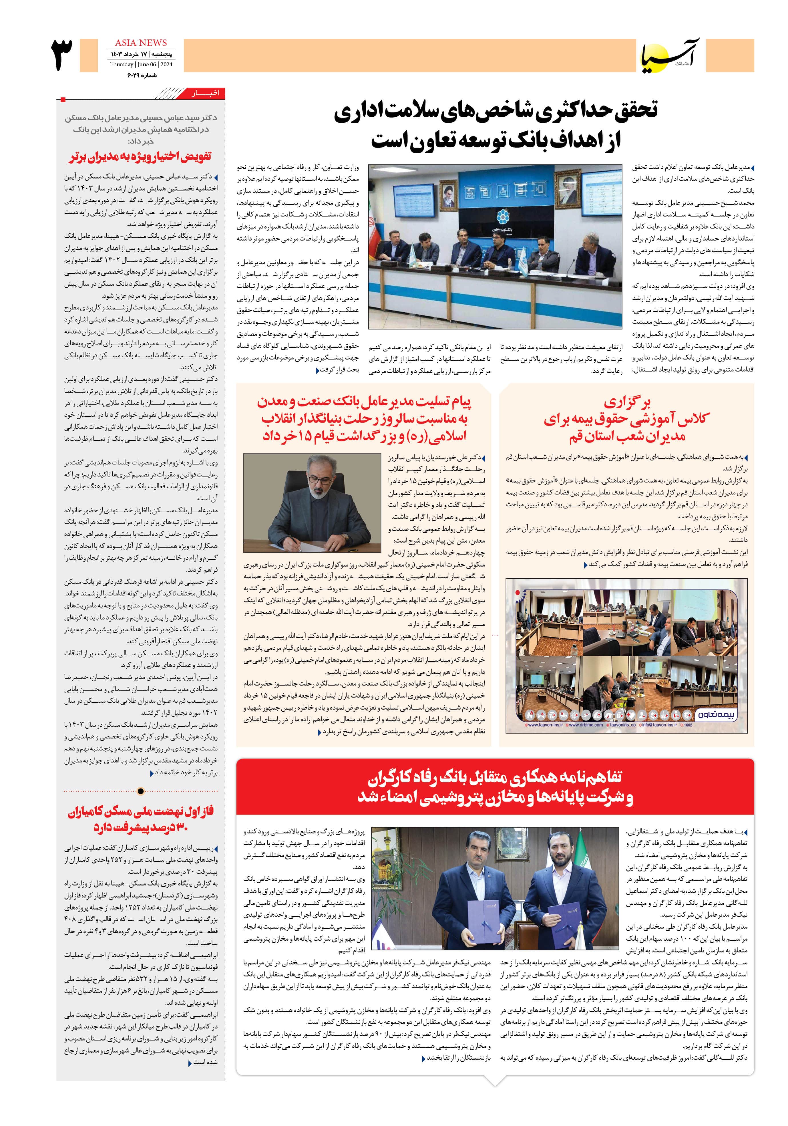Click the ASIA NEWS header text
tap(140, 43)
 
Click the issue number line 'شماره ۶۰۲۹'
tap(141, 75)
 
